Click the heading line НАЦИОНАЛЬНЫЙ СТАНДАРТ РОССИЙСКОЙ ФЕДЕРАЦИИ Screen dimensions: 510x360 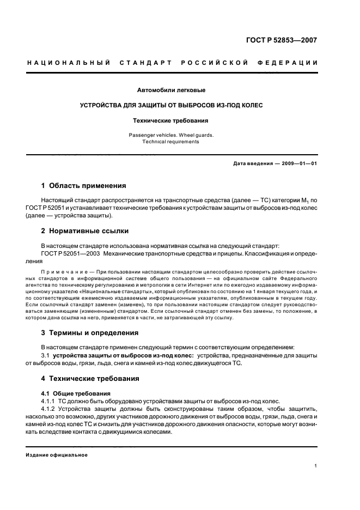click(x=172, y=63)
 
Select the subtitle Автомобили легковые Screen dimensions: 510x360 click(x=172, y=89)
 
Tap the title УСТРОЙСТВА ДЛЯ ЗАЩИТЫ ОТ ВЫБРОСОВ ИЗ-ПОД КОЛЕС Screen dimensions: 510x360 click(x=172, y=105)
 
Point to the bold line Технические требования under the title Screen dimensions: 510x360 click(x=172, y=121)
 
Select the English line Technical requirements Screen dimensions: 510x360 click(x=172, y=142)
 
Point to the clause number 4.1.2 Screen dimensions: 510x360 click(x=49, y=409)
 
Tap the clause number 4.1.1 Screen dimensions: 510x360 click(x=49, y=400)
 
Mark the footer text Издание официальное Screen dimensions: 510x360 click(x=57, y=455)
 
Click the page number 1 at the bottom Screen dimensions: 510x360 click(x=316, y=466)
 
